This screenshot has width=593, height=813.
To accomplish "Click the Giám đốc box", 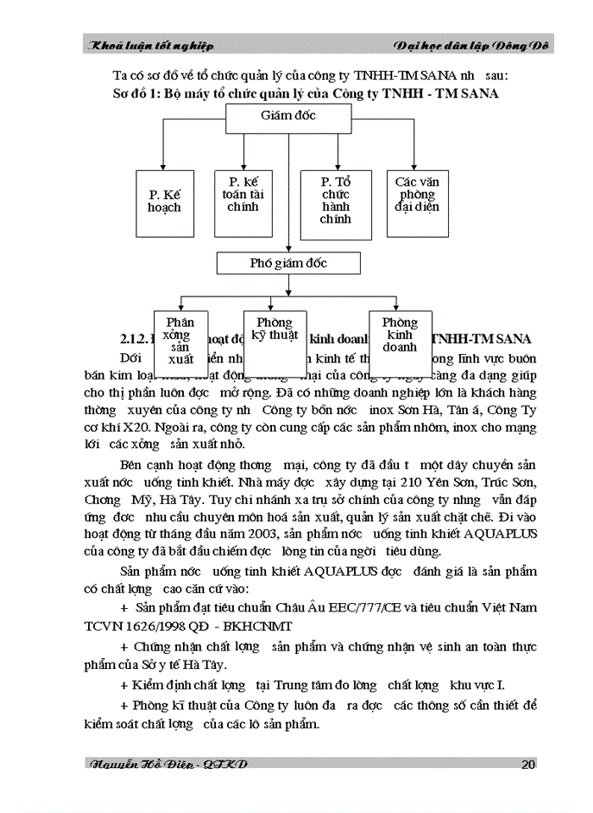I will pyautogui.click(x=289, y=114).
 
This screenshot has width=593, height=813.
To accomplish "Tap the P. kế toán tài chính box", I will pyautogui.click(x=243, y=200).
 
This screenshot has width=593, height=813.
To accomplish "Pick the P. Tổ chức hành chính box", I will pyautogui.click(x=335, y=201).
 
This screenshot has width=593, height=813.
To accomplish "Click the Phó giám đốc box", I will pyautogui.click(x=288, y=263).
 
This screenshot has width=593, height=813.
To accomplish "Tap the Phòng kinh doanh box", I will pyautogui.click(x=400, y=336).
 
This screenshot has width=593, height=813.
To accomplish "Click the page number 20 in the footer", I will pyautogui.click(x=528, y=765).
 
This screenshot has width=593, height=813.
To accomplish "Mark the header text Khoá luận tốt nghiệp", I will pyautogui.click(x=153, y=45).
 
